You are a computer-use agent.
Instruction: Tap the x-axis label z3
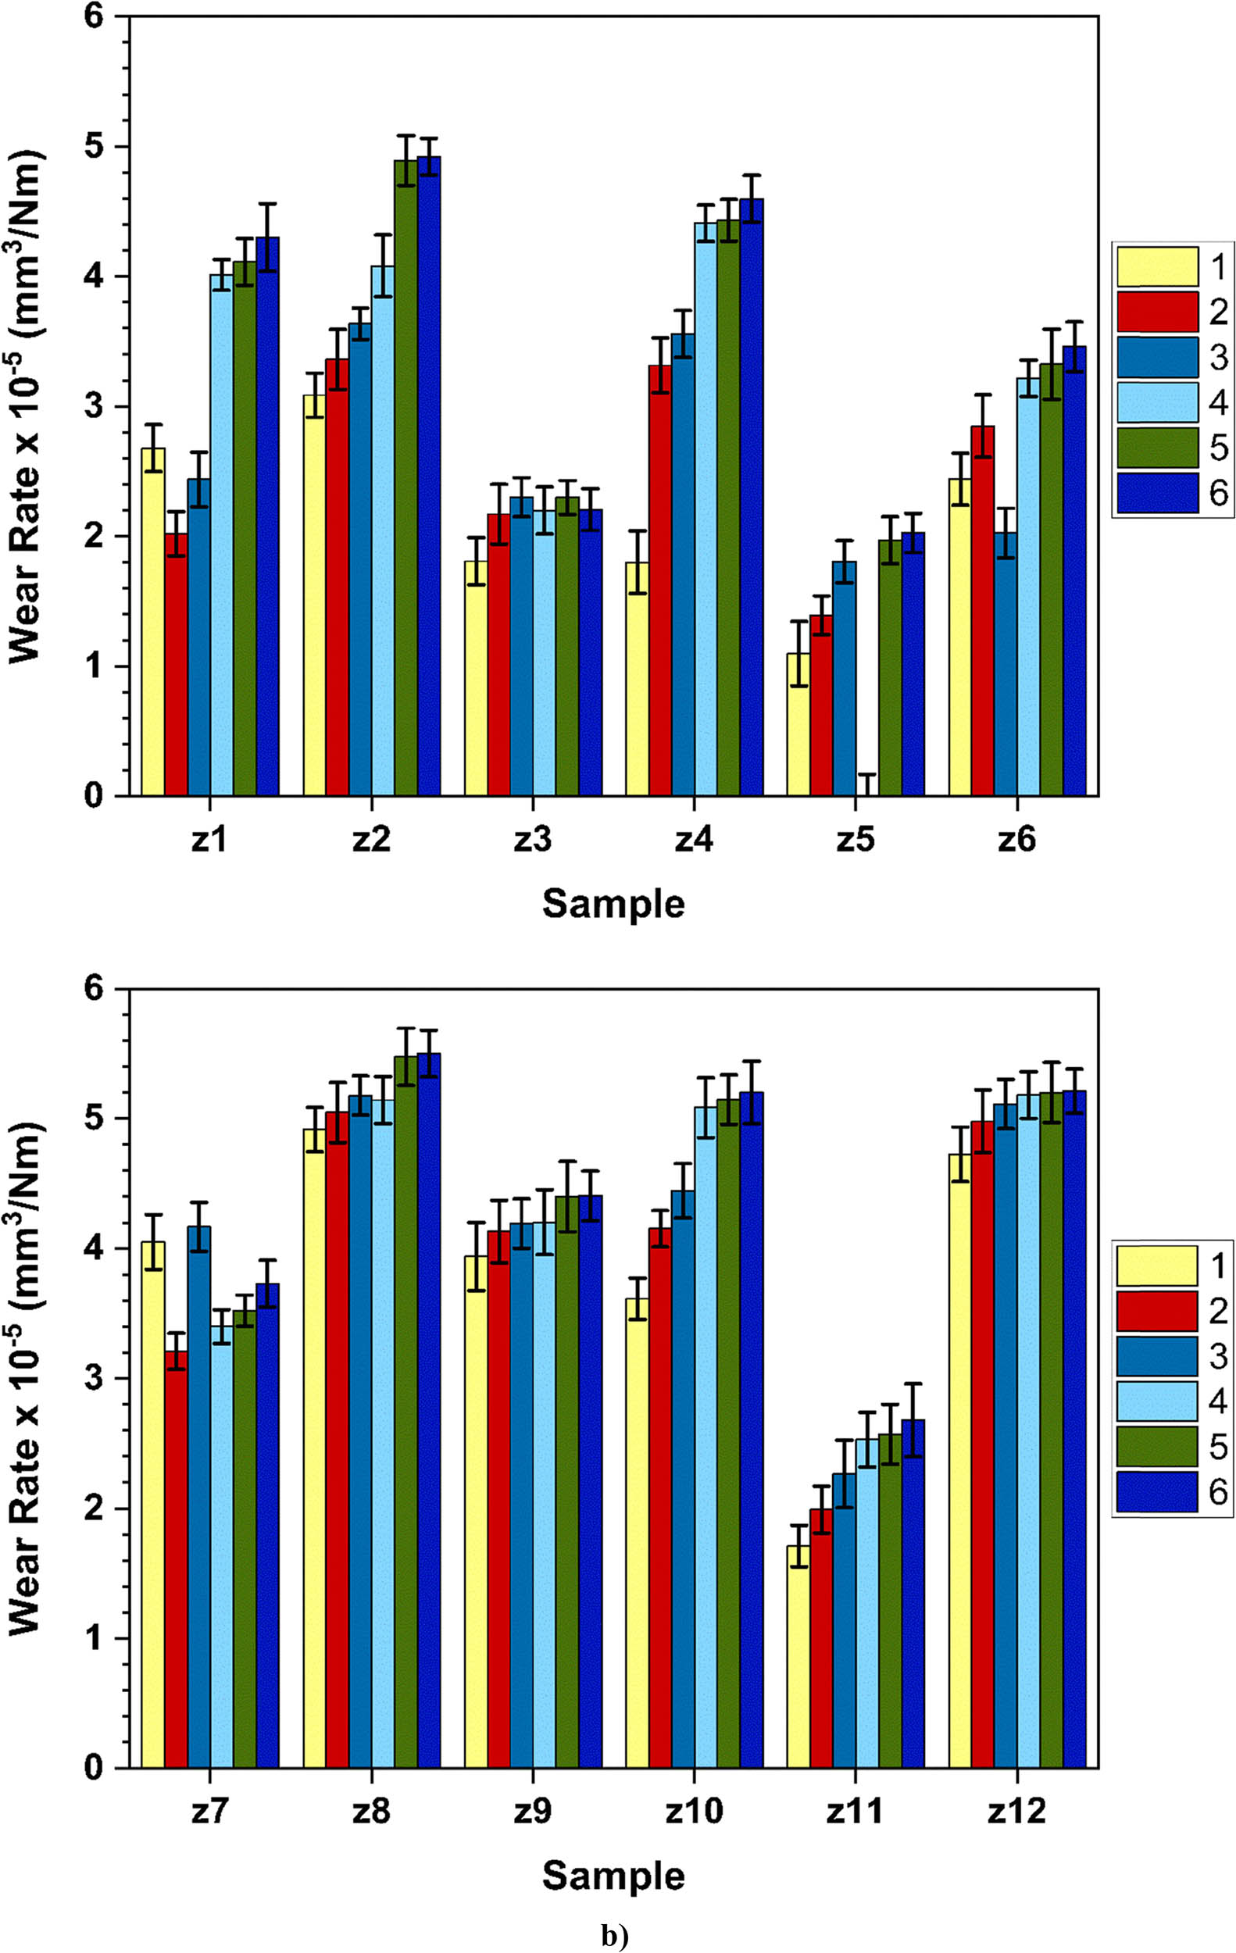[x=532, y=841]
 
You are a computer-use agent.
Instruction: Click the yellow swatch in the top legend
[x=1156, y=267]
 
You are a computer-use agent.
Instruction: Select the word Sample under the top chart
[x=613, y=904]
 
